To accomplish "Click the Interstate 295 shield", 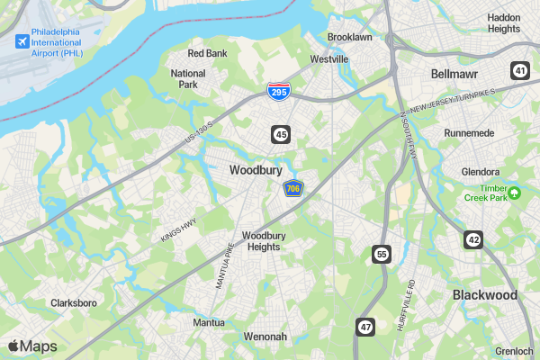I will [278, 91].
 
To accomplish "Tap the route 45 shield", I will [282, 134].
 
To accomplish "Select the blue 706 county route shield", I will [292, 188].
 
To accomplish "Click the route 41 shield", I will [520, 70].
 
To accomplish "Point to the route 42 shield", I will [473, 238].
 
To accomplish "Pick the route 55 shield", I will [382, 254].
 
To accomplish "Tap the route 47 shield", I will [364, 326].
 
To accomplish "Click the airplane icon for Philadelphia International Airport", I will [22, 41].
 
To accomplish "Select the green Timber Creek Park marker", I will [515, 193].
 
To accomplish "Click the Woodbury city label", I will [256, 169].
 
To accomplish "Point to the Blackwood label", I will [485, 295].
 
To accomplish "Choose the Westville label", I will [328, 58].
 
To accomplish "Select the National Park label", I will [188, 79].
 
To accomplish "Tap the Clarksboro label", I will [74, 303].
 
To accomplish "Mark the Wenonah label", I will [265, 337].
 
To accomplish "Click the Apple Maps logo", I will [32, 346].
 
